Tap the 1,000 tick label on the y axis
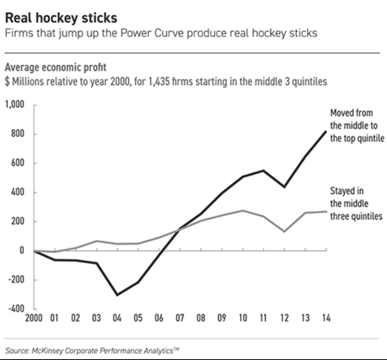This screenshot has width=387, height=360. point(14,105)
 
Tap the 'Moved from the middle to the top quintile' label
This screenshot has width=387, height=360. point(357,126)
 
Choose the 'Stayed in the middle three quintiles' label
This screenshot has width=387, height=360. point(356,204)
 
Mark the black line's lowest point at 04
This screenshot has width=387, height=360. point(117,295)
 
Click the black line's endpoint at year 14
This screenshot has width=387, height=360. point(326,130)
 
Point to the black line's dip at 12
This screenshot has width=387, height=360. point(285,187)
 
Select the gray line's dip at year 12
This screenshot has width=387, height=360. point(285,231)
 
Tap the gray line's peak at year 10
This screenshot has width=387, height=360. point(243,211)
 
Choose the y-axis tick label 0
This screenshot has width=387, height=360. point(20,250)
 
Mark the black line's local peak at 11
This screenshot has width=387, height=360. point(264,170)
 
